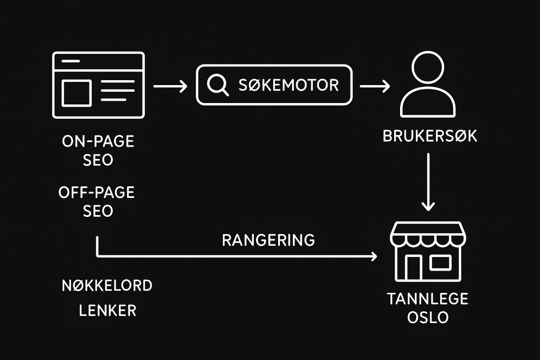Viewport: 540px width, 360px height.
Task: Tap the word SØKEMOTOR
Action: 288,85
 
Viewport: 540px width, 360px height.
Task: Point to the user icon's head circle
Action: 428,67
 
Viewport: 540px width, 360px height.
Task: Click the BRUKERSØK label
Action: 430,136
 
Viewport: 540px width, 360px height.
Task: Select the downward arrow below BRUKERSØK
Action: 428,182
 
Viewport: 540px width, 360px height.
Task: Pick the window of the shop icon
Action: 440,263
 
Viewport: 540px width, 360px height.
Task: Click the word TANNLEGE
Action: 428,298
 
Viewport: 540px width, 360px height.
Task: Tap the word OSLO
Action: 428,317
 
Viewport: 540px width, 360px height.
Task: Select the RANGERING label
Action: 268,240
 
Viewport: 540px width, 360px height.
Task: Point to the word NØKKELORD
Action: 107,285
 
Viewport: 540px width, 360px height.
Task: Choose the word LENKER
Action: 107,310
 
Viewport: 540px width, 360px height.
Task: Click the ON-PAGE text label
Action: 98,141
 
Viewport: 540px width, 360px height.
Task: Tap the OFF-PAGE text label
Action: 97,193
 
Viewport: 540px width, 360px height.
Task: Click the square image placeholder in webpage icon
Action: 76,93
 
